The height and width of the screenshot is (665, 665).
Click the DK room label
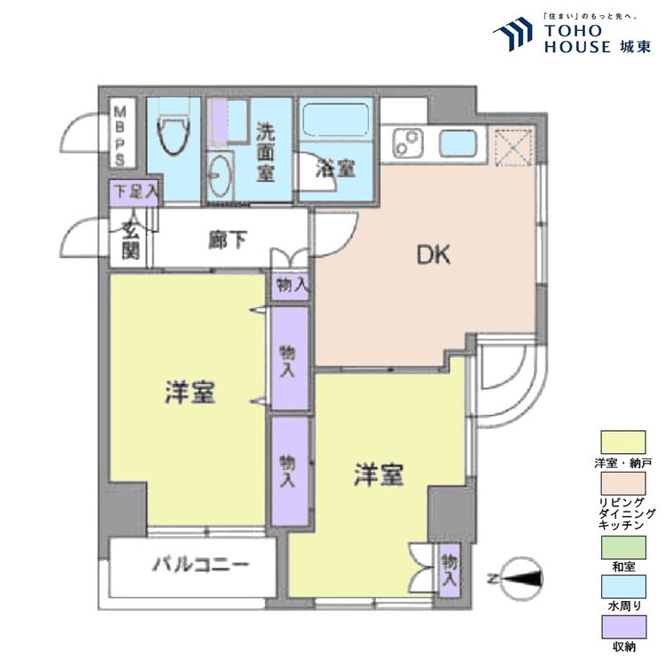[434, 255]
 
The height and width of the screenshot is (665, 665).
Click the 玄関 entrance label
[130, 239]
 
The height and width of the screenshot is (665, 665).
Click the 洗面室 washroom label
[265, 152]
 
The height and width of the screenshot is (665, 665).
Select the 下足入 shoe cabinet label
[134, 190]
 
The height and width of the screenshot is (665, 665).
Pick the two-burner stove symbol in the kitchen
[409, 142]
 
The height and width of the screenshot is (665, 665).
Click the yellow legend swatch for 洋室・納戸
[628, 442]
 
